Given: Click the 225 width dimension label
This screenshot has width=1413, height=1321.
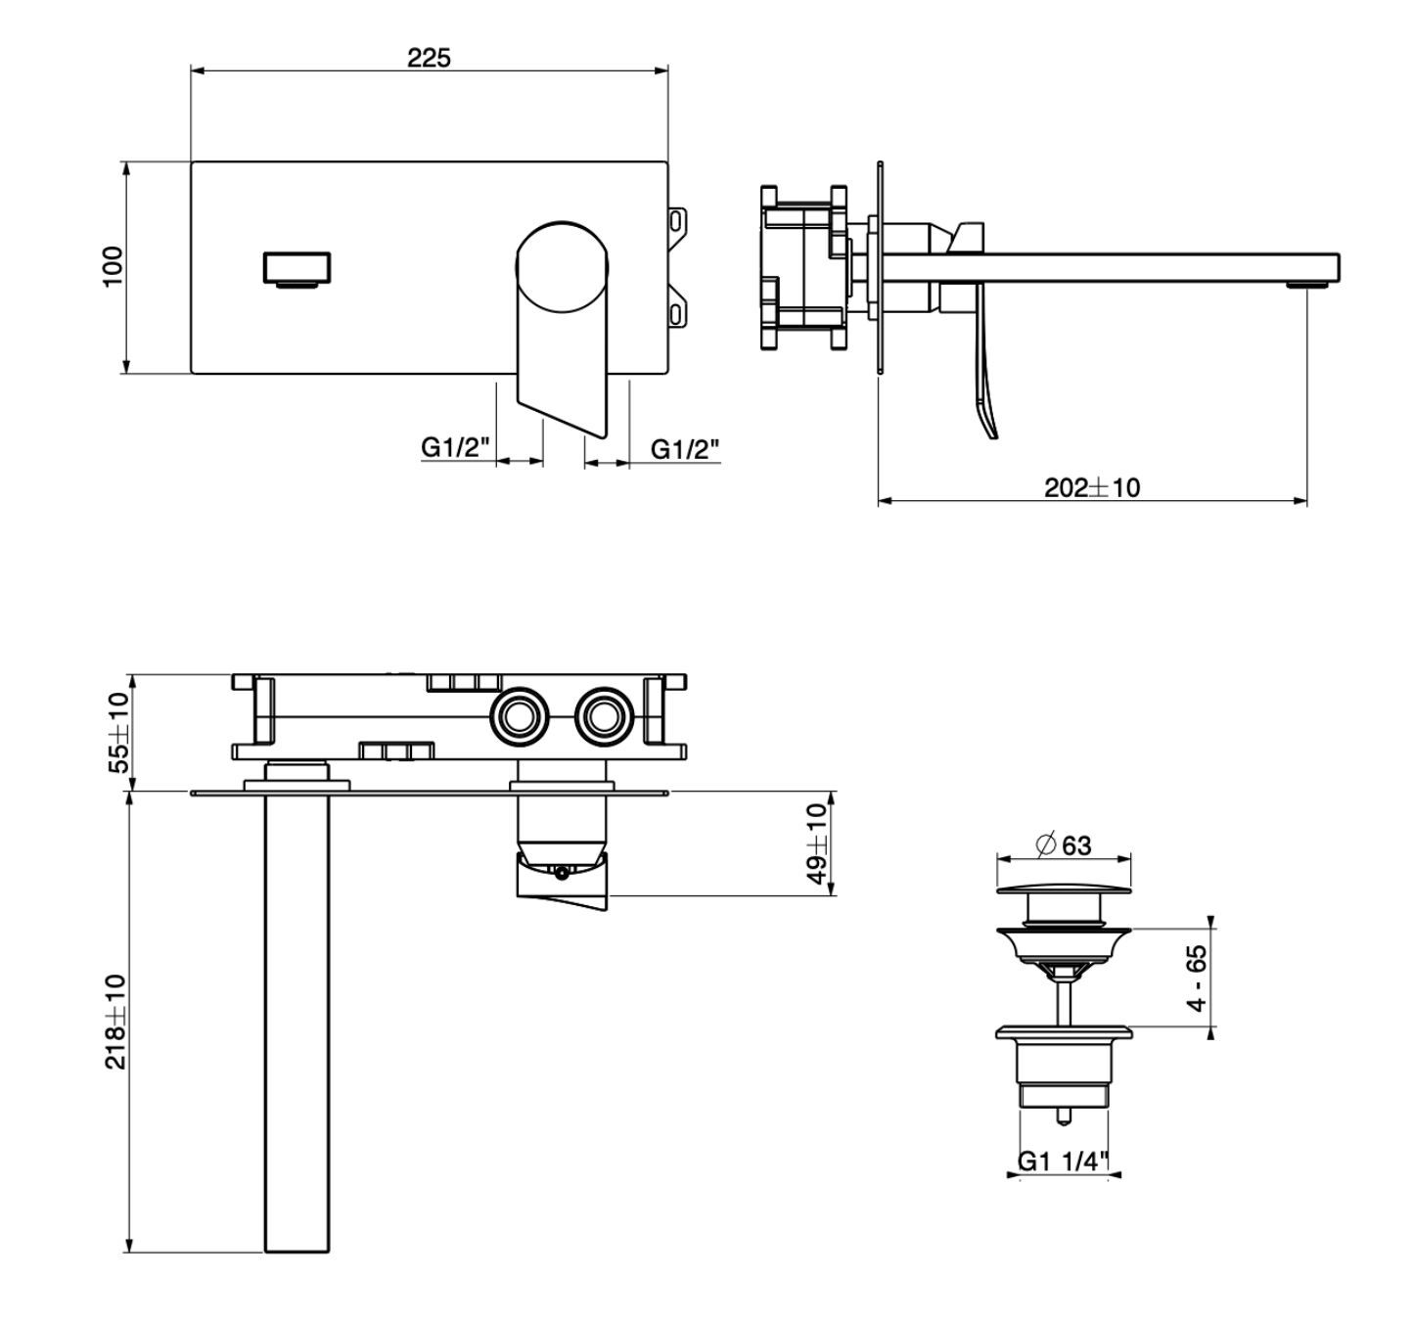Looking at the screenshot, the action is click(429, 57).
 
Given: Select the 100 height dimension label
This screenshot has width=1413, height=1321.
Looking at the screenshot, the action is click(114, 267).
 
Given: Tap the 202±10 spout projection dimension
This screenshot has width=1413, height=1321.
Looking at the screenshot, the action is click(1092, 487).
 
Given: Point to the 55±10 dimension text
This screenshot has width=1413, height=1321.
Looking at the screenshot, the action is click(118, 732).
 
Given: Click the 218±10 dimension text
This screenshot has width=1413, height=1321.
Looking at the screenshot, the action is click(116, 1023).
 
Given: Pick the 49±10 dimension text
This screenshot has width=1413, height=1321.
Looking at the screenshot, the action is click(818, 843).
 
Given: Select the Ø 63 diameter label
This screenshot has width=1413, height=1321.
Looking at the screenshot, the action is click(1065, 844).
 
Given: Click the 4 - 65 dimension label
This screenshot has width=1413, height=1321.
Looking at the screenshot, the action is click(1198, 978).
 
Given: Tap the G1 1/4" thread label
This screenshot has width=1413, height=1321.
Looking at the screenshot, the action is click(1064, 1162).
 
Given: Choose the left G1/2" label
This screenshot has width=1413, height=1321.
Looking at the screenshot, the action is click(456, 447).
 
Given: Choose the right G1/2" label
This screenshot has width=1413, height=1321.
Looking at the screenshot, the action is click(685, 448).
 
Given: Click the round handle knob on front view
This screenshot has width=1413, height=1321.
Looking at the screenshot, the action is click(562, 267).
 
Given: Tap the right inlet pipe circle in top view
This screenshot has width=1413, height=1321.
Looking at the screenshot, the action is click(605, 716).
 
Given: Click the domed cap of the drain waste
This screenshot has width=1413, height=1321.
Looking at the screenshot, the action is click(1064, 888).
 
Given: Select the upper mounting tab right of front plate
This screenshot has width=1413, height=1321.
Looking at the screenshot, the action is click(679, 220).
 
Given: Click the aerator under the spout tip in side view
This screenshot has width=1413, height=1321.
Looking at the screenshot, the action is click(1307, 285).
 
